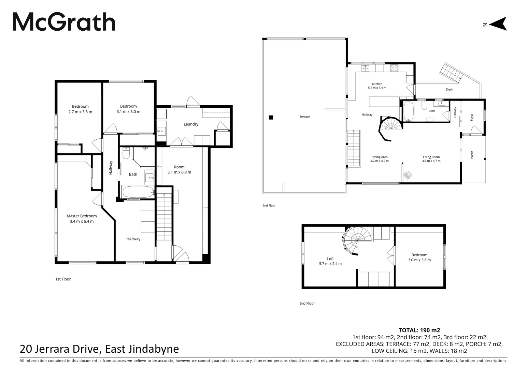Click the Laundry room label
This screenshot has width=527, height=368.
[191, 124]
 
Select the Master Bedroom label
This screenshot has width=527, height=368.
[82, 216]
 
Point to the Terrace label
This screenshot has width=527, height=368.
[304, 117]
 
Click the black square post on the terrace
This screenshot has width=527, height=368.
[271, 118]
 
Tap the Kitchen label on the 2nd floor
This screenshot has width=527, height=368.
[377, 84]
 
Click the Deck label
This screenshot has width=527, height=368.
[449, 90]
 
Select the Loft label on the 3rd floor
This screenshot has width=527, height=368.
[330, 259]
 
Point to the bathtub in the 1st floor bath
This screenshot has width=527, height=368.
[137, 191]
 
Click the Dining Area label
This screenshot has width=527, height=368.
[379, 157]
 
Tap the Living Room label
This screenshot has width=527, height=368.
[431, 157]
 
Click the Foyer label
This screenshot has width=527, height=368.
[472, 117]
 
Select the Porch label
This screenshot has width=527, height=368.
[472, 155]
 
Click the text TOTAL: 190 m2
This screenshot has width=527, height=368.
[419, 330]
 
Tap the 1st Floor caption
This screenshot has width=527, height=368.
[63, 279]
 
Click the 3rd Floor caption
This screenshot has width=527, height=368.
[307, 303]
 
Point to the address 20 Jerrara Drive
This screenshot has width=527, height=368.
[99, 349]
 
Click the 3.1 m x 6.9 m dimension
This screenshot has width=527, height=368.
[179, 172]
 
